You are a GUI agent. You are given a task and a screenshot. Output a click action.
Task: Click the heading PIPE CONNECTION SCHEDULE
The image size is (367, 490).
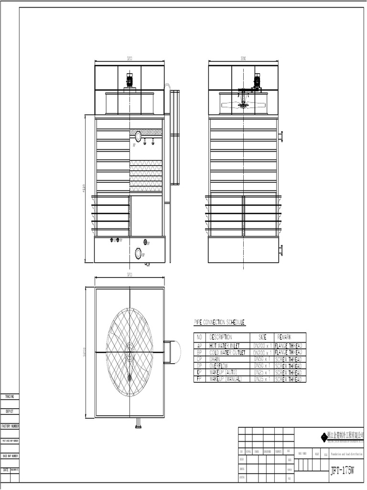(220, 322)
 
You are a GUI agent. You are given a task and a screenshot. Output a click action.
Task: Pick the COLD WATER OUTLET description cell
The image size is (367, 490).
(227, 352)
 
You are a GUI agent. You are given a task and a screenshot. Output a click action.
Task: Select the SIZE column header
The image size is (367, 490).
(262, 337)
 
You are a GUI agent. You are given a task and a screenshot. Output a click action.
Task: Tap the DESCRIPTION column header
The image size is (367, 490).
(220, 337)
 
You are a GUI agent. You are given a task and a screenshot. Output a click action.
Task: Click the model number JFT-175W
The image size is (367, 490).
(343, 471)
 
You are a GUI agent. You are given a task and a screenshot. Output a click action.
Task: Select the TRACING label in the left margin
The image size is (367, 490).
(10, 397)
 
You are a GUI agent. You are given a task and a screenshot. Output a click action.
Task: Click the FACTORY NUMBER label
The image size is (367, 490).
(10, 426)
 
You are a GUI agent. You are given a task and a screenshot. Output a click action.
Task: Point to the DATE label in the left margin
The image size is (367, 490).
(6, 470)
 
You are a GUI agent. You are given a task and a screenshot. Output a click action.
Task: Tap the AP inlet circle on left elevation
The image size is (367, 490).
(138, 136)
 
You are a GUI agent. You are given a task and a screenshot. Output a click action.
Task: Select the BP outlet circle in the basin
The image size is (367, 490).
(138, 253)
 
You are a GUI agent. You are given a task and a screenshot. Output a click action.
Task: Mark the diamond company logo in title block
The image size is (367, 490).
(324, 436)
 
